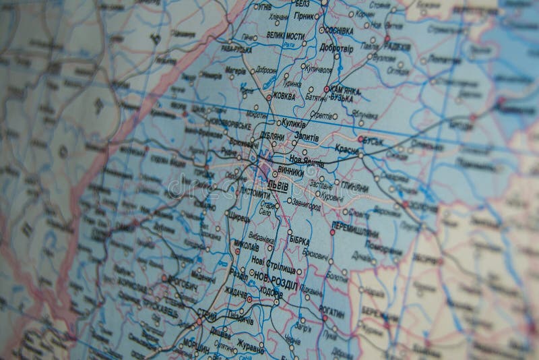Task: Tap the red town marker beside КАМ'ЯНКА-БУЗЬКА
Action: point(327,88)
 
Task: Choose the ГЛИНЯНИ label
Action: point(354,186)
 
